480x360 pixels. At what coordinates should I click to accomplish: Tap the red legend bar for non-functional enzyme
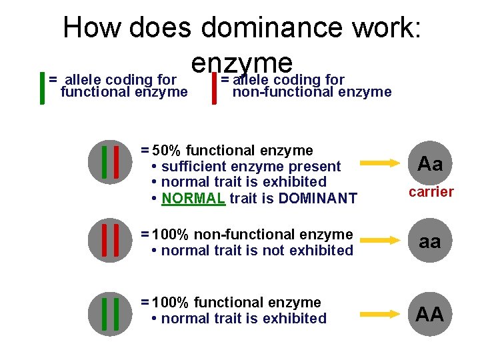[213, 88]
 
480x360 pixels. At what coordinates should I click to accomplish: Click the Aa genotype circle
[430, 163]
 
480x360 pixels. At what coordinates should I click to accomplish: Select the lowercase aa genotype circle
[430, 242]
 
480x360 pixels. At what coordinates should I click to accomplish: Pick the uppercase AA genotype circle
[430, 313]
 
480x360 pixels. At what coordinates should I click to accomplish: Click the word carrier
[431, 192]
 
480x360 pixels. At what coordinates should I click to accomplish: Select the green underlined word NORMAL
[193, 198]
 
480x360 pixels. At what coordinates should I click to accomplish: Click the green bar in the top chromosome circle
[105, 162]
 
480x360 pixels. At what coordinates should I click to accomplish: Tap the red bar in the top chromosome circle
[117, 162]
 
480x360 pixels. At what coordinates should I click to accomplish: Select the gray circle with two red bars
[111, 241]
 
